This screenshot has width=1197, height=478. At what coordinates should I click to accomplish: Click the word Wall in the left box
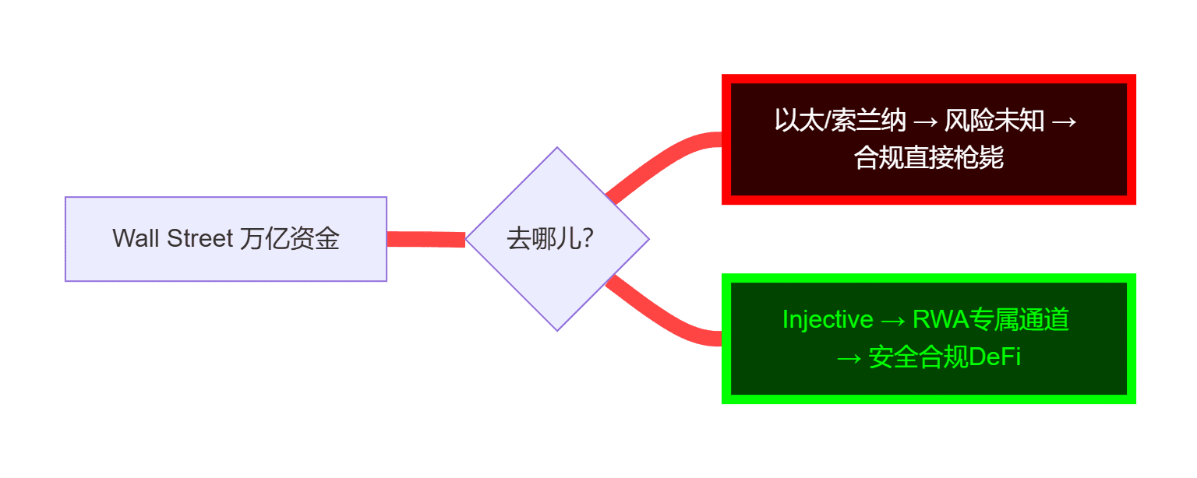pos(136,238)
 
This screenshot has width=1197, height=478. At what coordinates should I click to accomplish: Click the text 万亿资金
pos(290,238)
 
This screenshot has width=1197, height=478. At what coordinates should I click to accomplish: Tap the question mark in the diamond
pos(589,238)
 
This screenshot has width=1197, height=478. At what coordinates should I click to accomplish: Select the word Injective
pos(828,320)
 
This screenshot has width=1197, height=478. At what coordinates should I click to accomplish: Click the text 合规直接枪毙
pos(928,158)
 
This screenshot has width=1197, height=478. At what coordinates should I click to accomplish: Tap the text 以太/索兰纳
pos(840,121)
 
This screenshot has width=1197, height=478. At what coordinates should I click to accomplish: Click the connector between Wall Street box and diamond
pos(426,239)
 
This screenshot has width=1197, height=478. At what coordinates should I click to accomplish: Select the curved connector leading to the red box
pos(662,160)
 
